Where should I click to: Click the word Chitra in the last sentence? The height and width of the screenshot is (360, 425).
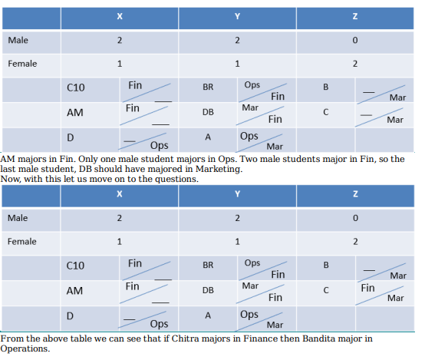click(186, 339)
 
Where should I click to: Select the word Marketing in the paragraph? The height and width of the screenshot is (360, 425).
click(219, 170)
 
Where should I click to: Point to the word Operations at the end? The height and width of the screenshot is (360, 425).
click(25, 349)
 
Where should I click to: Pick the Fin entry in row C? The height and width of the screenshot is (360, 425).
click(367, 288)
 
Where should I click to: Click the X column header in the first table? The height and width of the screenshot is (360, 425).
click(120, 16)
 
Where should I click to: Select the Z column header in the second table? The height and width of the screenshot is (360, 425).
click(355, 193)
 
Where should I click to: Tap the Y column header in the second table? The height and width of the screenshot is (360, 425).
click(238, 193)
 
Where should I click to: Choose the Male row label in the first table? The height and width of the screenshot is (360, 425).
click(18, 40)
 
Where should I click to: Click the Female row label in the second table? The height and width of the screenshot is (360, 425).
click(22, 242)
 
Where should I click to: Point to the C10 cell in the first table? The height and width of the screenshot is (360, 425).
click(76, 88)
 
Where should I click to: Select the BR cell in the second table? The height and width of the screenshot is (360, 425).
click(208, 265)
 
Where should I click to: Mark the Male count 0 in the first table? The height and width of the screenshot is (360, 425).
click(355, 40)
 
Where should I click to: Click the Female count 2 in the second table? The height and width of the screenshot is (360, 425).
click(355, 242)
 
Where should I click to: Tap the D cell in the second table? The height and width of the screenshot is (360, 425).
click(70, 316)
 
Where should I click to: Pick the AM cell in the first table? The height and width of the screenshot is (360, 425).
click(75, 113)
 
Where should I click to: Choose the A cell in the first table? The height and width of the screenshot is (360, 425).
click(208, 137)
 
